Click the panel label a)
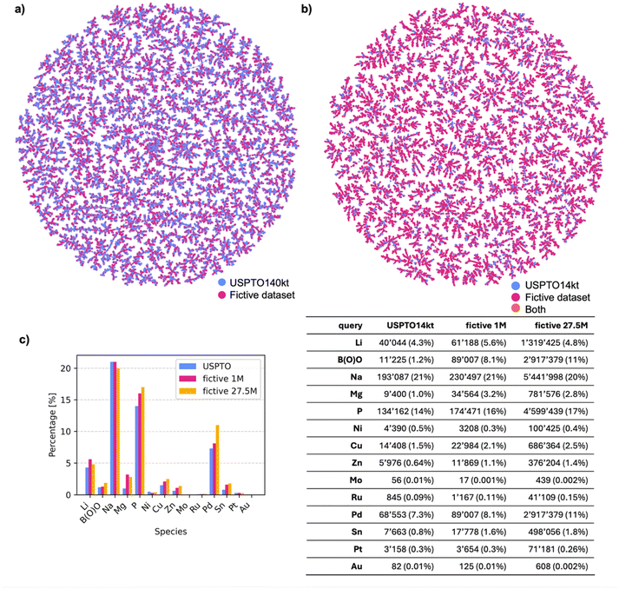coord(10,10)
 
